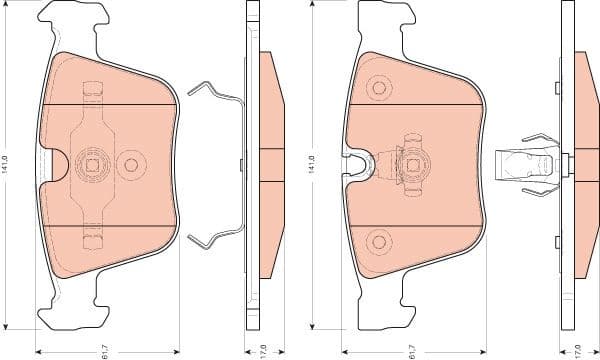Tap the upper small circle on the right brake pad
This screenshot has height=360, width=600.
click(379, 87)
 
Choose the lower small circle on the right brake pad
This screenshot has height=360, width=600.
click(379, 239)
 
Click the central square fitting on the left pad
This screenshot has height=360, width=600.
click(92, 162)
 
